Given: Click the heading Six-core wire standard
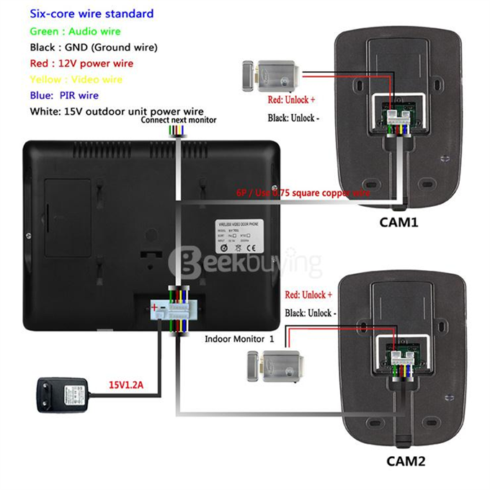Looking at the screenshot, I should (x=92, y=14).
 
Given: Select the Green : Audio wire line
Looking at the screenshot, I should (x=76, y=31).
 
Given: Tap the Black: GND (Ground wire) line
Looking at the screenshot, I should (x=94, y=48).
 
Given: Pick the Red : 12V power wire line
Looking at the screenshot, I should (x=81, y=63).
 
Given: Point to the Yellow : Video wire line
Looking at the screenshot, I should (x=76, y=79).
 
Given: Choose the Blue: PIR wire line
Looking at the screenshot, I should (x=64, y=95).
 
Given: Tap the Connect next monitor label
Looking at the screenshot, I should (x=178, y=120).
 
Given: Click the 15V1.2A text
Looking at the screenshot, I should (x=126, y=385).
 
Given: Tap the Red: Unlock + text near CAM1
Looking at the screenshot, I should (x=291, y=101).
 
